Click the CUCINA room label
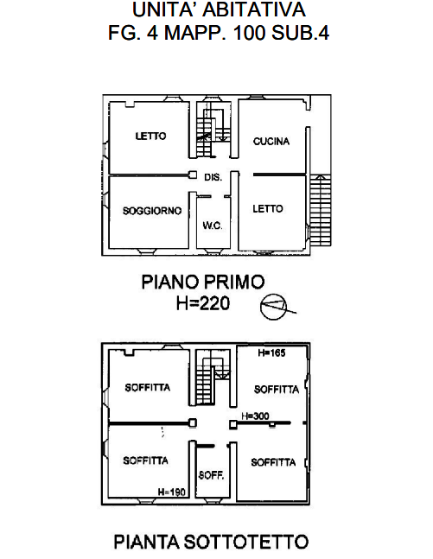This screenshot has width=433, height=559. click(x=271, y=142)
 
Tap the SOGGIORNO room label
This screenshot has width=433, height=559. click(x=152, y=211)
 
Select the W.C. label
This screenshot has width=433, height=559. click(x=213, y=226)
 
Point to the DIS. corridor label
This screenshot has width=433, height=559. click(x=213, y=177)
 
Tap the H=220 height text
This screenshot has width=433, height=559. click(x=203, y=304)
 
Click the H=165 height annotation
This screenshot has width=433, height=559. click(x=271, y=353)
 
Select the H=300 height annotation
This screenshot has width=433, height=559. click(x=255, y=416)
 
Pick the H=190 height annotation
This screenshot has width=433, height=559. click(x=172, y=492)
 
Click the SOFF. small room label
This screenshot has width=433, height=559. click(x=211, y=475)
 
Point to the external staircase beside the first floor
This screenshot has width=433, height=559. click(x=321, y=210)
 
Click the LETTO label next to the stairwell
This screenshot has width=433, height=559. click(x=150, y=136)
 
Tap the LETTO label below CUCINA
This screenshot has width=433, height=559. click(x=268, y=208)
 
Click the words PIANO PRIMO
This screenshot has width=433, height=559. click(x=203, y=282)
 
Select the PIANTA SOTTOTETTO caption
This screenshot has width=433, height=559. click(x=211, y=542)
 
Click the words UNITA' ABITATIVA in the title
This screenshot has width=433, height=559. click(x=219, y=10)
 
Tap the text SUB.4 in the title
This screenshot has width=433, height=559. click(x=300, y=33)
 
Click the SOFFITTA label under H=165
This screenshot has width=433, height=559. click(x=277, y=390)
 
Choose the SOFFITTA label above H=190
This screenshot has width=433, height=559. click(x=145, y=461)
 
